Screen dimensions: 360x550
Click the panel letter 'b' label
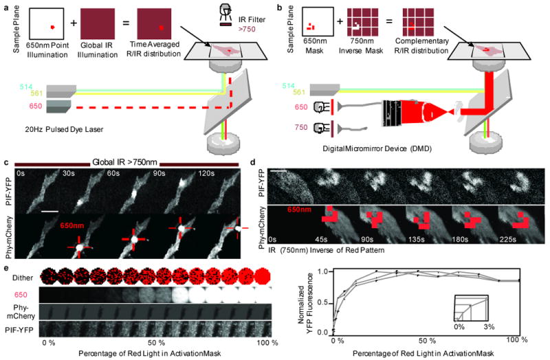(280, 6)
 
